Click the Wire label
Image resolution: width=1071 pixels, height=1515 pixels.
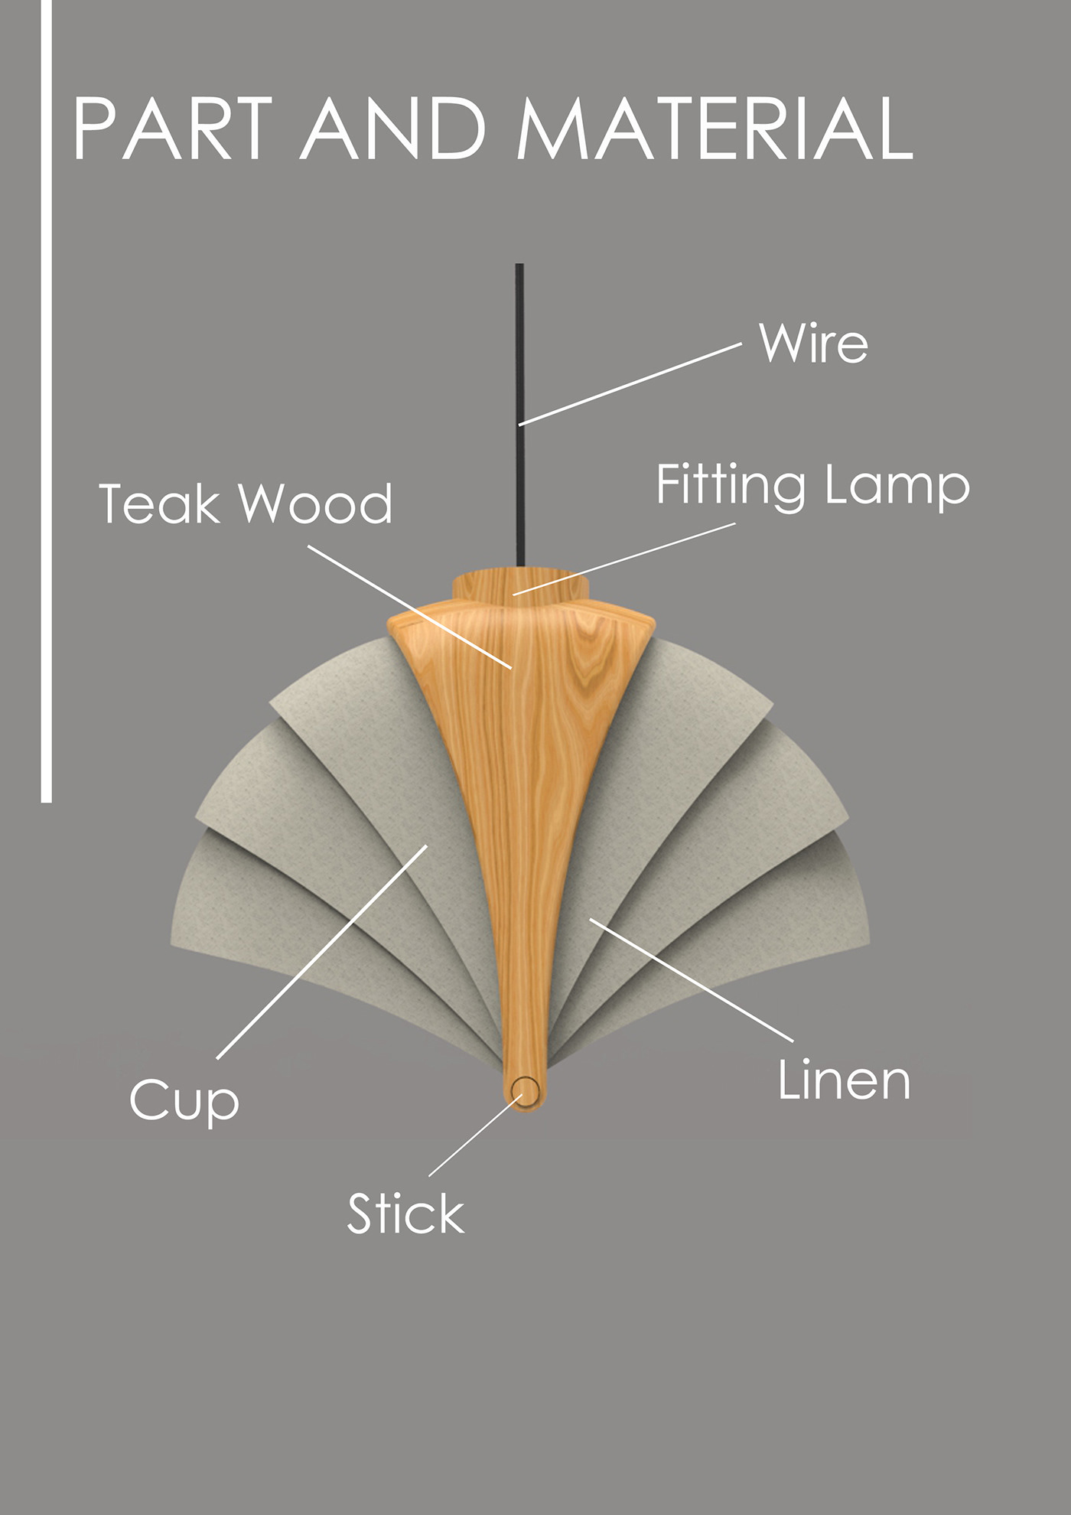click(x=813, y=344)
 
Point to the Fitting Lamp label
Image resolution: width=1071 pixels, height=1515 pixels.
click(x=812, y=487)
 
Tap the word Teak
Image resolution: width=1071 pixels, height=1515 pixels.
click(x=159, y=504)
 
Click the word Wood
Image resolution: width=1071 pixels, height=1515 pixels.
click(x=315, y=504)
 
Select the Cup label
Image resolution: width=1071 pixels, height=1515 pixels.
click(x=184, y=1102)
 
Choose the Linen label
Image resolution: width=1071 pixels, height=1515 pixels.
click(x=844, y=1081)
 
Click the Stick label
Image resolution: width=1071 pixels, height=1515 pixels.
click(x=405, y=1214)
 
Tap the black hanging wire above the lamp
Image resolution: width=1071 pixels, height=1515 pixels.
click(x=519, y=344)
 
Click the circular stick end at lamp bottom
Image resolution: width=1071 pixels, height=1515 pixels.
click(x=526, y=1090)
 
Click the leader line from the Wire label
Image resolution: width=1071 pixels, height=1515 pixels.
click(x=630, y=384)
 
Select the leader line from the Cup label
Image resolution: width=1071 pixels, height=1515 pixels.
click(x=321, y=953)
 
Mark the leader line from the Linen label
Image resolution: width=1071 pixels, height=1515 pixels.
click(x=692, y=980)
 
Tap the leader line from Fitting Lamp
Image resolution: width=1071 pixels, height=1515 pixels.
click(x=624, y=559)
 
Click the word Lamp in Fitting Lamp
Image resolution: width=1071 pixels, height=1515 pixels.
click(x=897, y=487)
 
